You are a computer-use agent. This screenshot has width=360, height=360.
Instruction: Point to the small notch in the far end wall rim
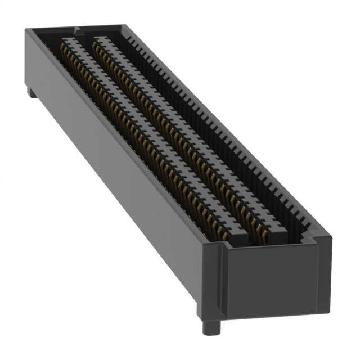tap(76, 28)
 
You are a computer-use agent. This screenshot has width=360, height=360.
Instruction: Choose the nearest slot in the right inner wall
tap(304, 225)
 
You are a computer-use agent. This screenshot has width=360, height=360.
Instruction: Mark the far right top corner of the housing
tap(121, 25)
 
